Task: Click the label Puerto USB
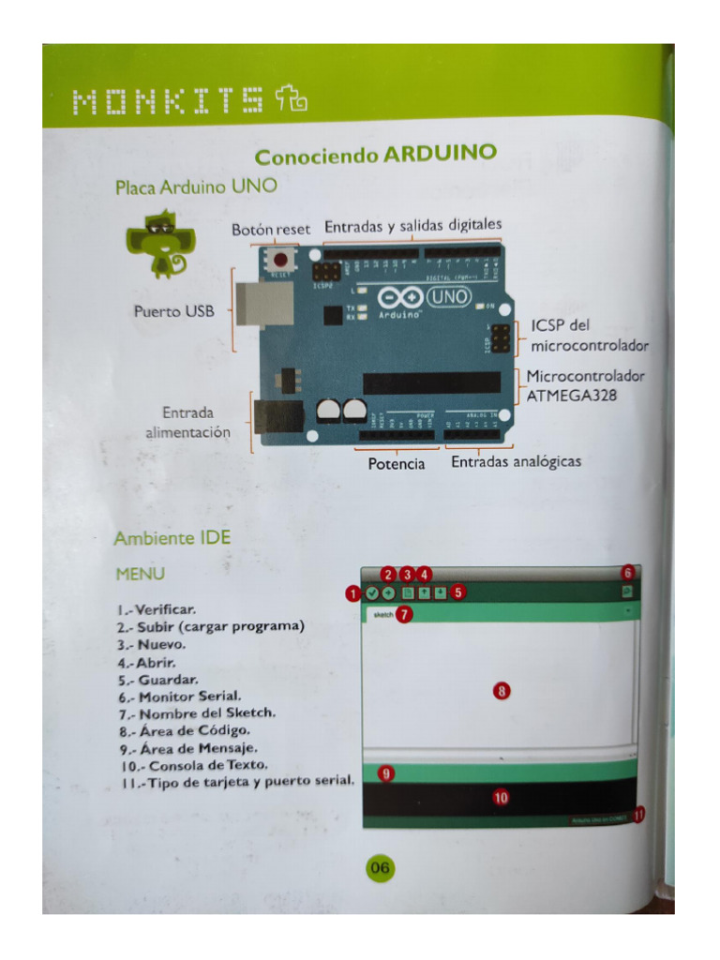click(x=174, y=311)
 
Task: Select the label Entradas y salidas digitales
click(x=412, y=226)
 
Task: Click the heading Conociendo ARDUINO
click(x=375, y=155)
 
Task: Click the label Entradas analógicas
click(x=516, y=462)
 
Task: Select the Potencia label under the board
click(x=396, y=464)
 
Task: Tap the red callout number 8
click(x=502, y=691)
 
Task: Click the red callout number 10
click(x=501, y=797)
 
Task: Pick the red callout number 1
click(x=352, y=592)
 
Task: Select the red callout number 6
click(x=627, y=572)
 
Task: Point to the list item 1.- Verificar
click(x=156, y=610)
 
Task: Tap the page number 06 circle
click(x=379, y=868)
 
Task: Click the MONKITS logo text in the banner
click(x=169, y=100)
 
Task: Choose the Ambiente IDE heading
click(x=172, y=538)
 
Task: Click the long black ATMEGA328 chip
click(x=431, y=382)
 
